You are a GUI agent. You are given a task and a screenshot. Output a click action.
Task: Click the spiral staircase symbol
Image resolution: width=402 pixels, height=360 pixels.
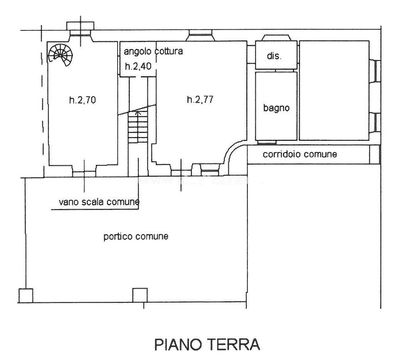(x=60, y=54)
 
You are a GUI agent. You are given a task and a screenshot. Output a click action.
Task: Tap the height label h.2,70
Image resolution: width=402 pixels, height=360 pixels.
(x=82, y=100)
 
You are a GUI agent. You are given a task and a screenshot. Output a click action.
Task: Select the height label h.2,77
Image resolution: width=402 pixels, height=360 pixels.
(x=200, y=100)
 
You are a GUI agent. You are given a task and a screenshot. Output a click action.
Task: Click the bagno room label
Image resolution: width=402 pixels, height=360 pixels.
(x=276, y=108)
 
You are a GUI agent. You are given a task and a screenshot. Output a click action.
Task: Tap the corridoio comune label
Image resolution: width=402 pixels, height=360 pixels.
(x=300, y=154)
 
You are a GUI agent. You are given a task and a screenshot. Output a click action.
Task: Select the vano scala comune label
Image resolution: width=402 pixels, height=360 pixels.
(x=99, y=202)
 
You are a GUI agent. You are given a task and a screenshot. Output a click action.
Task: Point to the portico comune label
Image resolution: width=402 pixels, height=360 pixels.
(x=136, y=236)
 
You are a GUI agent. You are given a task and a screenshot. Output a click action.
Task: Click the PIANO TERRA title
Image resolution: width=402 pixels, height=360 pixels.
(x=207, y=344)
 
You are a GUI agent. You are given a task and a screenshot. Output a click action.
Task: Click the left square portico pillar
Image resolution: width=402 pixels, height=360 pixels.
(x=25, y=295)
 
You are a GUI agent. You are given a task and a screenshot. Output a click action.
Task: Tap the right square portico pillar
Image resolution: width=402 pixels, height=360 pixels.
(x=140, y=295)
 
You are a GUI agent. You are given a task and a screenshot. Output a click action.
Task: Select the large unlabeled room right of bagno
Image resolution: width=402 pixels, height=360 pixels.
(x=334, y=90)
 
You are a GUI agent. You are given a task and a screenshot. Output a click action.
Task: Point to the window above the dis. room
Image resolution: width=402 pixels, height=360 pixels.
(x=276, y=38)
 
